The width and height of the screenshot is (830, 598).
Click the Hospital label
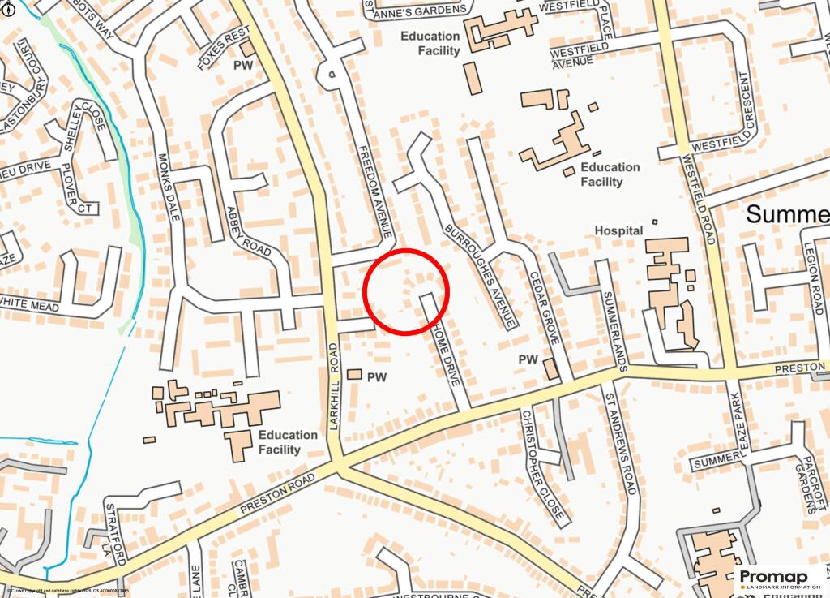point(618,231)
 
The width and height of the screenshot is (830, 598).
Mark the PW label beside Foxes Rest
point(243,64)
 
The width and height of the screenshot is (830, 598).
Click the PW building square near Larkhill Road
point(354,374)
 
